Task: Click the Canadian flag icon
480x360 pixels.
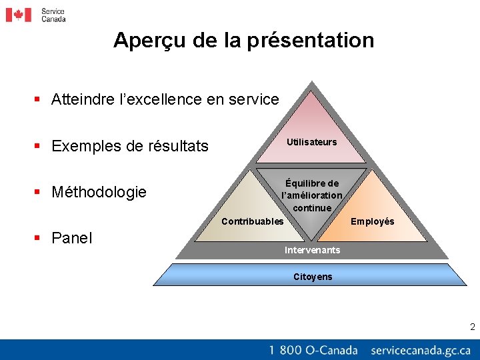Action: (19, 15)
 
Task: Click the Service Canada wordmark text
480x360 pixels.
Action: (53, 15)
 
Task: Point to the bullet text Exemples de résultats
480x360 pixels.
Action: (129, 146)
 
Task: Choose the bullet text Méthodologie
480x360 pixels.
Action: (99, 193)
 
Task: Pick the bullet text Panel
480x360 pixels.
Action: (72, 238)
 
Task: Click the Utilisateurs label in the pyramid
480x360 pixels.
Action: (311, 142)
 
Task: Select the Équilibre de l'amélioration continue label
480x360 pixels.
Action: (311, 195)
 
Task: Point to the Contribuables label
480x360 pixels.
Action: (252, 221)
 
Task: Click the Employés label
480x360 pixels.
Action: (372, 221)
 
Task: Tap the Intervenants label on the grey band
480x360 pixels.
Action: (311, 250)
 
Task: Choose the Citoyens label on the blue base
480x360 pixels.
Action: (312, 277)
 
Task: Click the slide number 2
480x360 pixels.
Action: (472, 327)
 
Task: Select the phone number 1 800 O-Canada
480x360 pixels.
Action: (313, 350)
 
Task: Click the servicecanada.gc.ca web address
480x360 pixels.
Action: (420, 350)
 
